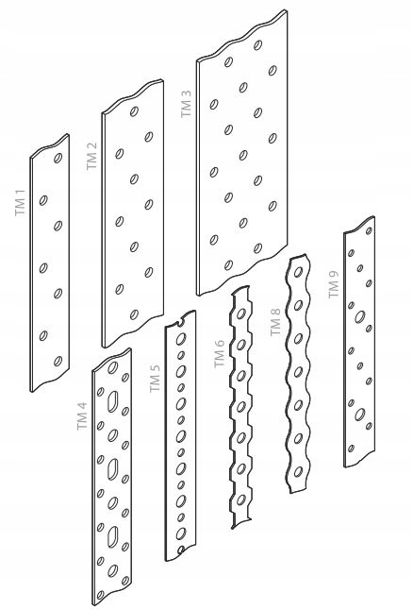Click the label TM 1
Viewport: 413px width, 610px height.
click(x=20, y=203)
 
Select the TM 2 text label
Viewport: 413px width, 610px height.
click(x=91, y=156)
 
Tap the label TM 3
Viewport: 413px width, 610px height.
click(x=186, y=104)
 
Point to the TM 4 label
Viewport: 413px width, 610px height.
click(x=82, y=415)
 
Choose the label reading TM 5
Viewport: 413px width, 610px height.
click(x=155, y=378)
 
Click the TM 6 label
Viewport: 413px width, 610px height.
click(x=220, y=353)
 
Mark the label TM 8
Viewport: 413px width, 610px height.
click(x=275, y=322)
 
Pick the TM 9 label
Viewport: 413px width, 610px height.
click(x=334, y=284)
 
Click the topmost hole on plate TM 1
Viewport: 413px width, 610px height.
click(x=58, y=158)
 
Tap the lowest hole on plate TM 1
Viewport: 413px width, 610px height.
click(x=58, y=361)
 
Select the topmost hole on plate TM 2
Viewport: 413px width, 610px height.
click(x=134, y=111)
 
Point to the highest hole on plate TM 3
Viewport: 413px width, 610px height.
click(x=257, y=45)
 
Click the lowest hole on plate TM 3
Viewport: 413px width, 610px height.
click(x=228, y=265)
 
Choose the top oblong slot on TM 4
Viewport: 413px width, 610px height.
click(x=112, y=401)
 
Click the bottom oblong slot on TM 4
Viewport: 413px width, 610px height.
click(x=112, y=536)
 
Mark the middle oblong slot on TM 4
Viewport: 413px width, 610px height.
click(x=112, y=468)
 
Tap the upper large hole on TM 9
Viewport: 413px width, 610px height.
click(x=360, y=316)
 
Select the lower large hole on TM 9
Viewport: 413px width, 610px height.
click(x=360, y=415)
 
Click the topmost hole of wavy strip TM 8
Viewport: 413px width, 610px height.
click(x=298, y=272)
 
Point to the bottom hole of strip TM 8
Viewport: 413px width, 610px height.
click(x=298, y=472)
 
